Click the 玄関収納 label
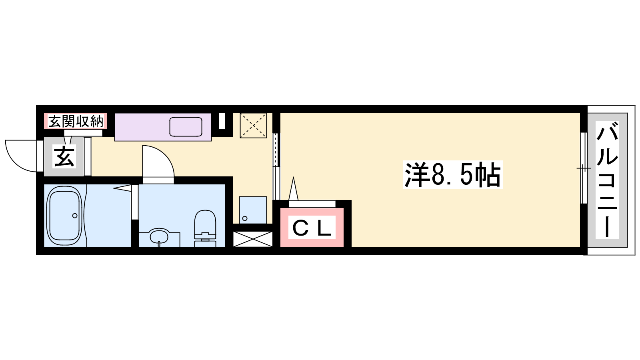(x=76, y=122)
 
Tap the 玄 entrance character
(x=64, y=156)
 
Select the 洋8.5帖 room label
(x=453, y=174)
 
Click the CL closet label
(x=312, y=228)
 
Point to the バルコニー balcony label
(x=607, y=180)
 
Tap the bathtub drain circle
(x=75, y=216)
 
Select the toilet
(x=205, y=228)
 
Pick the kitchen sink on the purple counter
(x=186, y=126)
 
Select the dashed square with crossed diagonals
(x=254, y=126)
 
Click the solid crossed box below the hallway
(x=253, y=239)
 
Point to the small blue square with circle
(x=253, y=210)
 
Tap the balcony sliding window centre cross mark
(x=584, y=168)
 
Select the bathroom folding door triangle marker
(x=123, y=188)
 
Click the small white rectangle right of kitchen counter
(x=222, y=121)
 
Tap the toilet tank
(x=205, y=240)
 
